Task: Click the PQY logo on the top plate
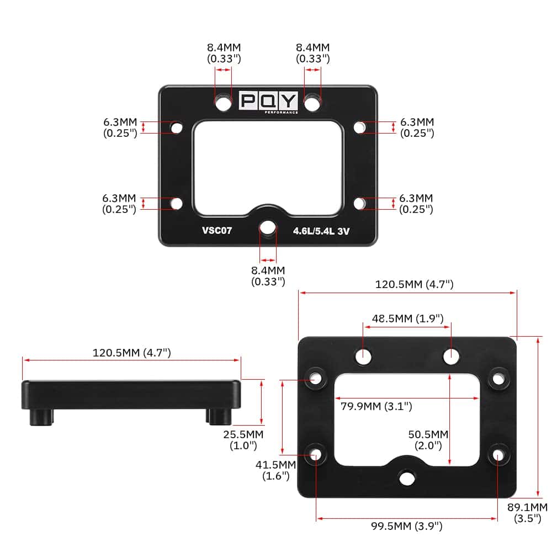[268, 102]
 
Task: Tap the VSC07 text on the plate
[217, 230]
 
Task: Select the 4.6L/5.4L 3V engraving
[321, 231]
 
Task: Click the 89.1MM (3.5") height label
[527, 513]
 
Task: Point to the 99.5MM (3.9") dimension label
[407, 526]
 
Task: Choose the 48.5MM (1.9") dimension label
[408, 319]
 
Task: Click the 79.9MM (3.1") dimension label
[376, 406]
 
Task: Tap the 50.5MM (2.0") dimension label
[428, 440]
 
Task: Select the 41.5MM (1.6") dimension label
[275, 470]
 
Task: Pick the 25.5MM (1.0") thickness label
[243, 440]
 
